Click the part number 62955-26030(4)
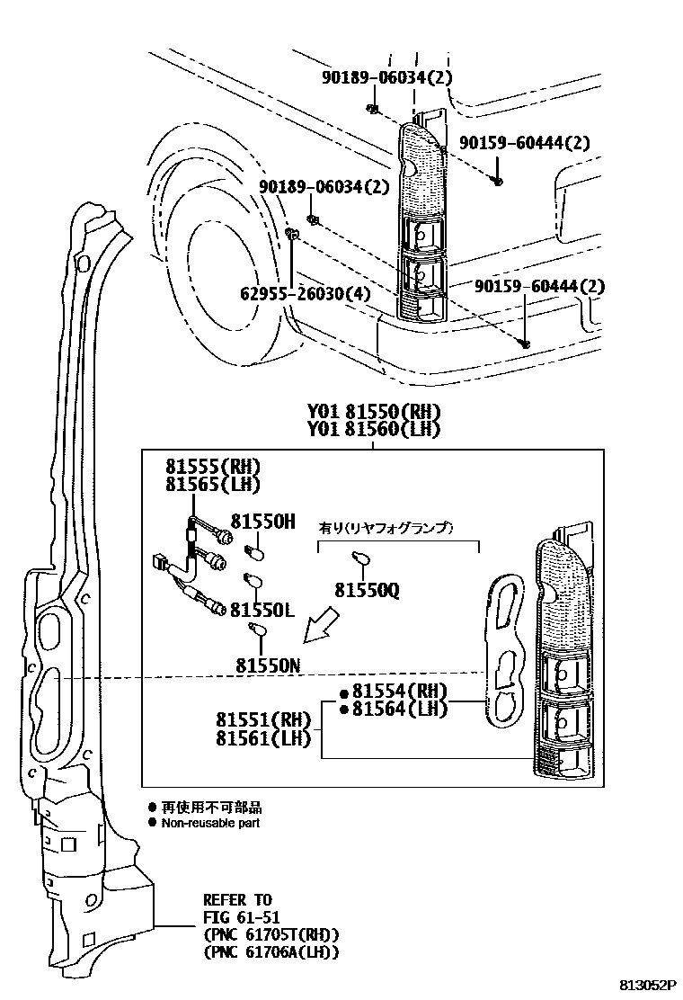[307, 293]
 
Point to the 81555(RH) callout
[212, 467]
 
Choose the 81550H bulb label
[262, 522]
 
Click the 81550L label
[262, 610]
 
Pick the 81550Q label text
[368, 590]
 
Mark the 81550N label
[268, 665]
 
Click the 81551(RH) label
[262, 720]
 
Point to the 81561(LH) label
[262, 739]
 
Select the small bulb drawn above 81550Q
[361, 559]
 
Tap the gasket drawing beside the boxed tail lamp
[504, 649]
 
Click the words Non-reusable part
[210, 823]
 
